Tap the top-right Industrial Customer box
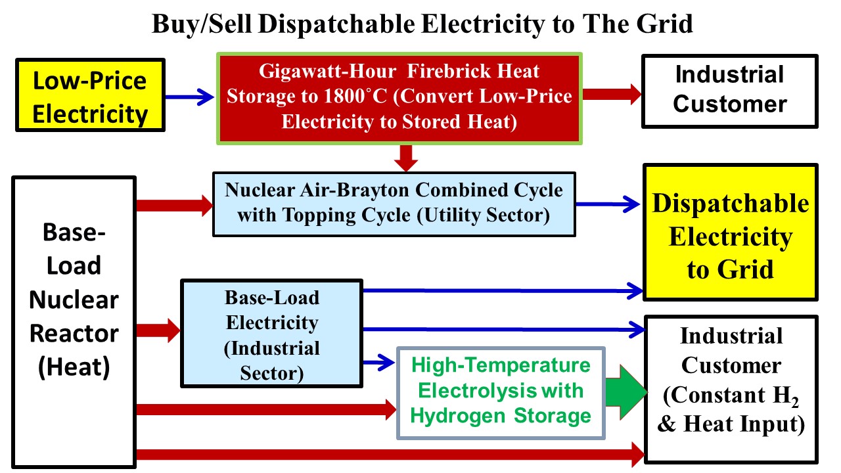click(x=730, y=91)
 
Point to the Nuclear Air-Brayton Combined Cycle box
click(x=394, y=204)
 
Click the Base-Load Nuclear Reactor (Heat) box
click(x=74, y=322)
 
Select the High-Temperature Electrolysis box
click(x=501, y=392)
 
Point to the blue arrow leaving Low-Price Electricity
click(x=191, y=97)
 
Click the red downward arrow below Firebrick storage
click(x=407, y=157)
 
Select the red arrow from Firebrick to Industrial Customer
click(x=611, y=94)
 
